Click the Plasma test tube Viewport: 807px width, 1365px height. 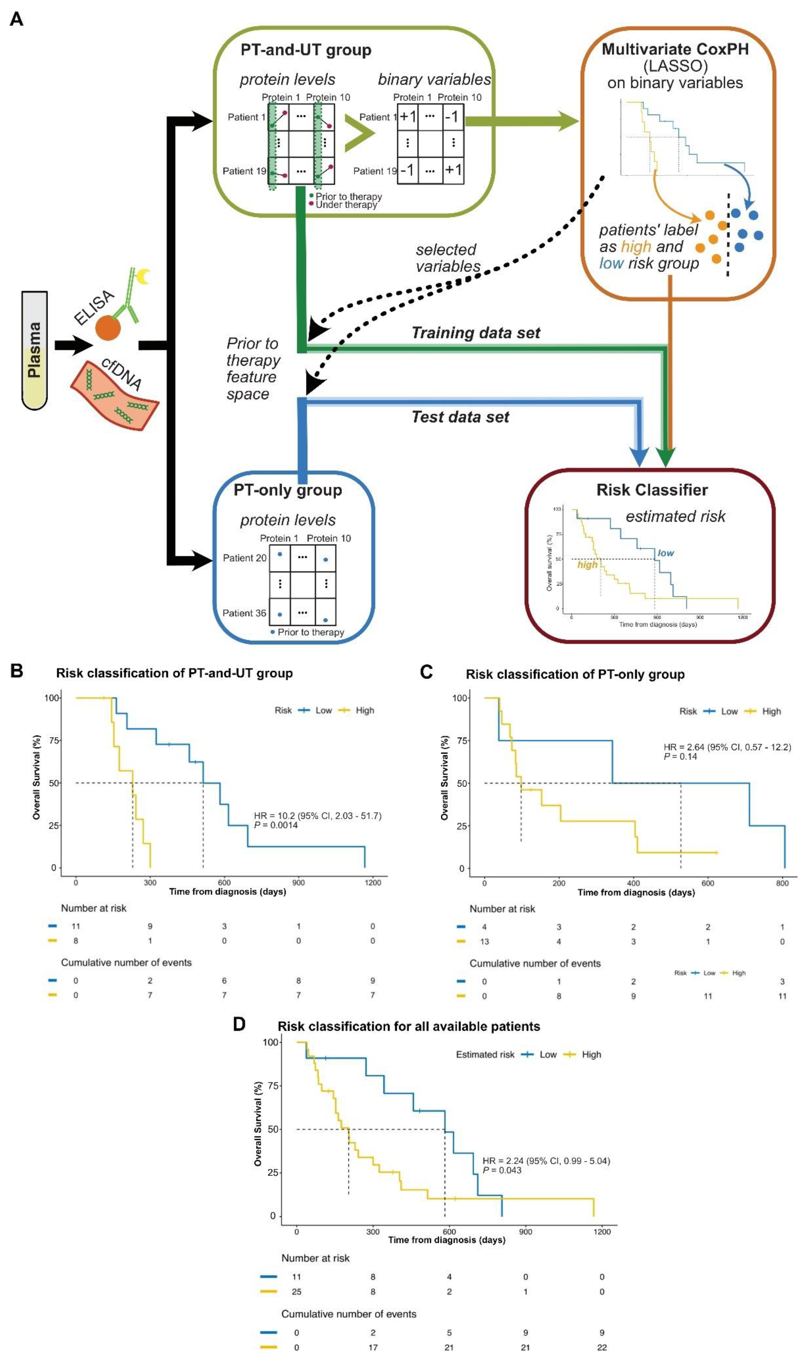pyautogui.click(x=34, y=350)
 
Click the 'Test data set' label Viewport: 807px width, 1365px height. pyautogui.click(x=460, y=417)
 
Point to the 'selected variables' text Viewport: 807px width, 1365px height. pyautogui.click(x=448, y=258)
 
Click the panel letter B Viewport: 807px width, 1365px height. pyautogui.click(x=17, y=671)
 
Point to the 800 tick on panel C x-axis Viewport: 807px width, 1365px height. pyautogui.click(x=781, y=883)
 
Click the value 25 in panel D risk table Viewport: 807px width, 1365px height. pyautogui.click(x=296, y=1292)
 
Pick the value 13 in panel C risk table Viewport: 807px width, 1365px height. pyautogui.click(x=484, y=941)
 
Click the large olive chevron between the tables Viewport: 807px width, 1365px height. pyautogui.click(x=359, y=133)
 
